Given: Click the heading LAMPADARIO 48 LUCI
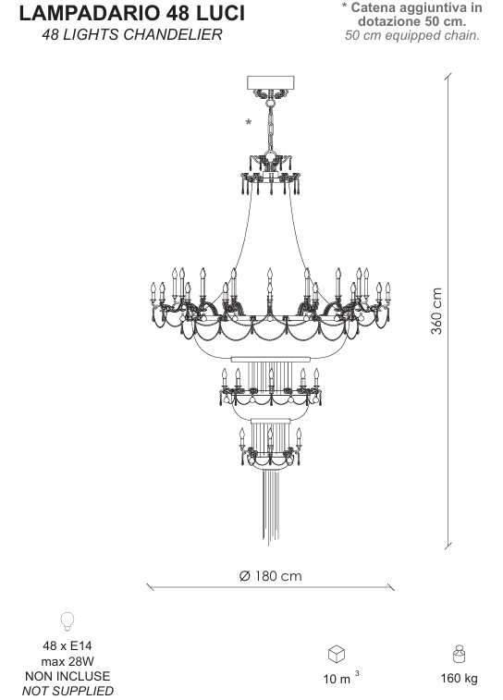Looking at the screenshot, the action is pyautogui.click(x=131, y=13).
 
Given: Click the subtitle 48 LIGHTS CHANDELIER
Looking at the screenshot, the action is pyautogui.click(x=132, y=35).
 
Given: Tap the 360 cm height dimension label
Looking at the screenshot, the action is pyautogui.click(x=436, y=311).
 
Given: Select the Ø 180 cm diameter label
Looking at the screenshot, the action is pyautogui.click(x=271, y=576).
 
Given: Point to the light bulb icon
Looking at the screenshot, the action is pyautogui.click(x=67, y=621).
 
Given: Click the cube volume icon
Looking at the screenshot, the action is pyautogui.click(x=337, y=654).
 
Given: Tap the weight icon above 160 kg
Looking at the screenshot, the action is pyautogui.click(x=459, y=654).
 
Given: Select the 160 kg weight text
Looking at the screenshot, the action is pyautogui.click(x=459, y=679).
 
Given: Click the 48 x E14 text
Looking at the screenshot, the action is pyautogui.click(x=67, y=645).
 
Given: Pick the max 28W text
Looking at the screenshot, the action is pyautogui.click(x=67, y=661).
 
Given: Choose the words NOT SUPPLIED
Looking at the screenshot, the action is pyautogui.click(x=67, y=691).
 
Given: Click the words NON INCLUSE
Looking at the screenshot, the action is pyautogui.click(x=67, y=676).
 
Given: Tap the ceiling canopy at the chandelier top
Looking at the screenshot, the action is pyautogui.click(x=271, y=82).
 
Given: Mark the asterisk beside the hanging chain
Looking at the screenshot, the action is pyautogui.click(x=249, y=122).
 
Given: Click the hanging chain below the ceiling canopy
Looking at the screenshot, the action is pyautogui.click(x=270, y=129).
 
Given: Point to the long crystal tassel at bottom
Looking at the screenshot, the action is pyautogui.click(x=270, y=507).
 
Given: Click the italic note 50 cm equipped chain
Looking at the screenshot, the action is pyautogui.click(x=412, y=36).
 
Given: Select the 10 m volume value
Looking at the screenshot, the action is pyautogui.click(x=341, y=678).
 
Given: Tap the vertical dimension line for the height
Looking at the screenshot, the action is pyautogui.click(x=448, y=311).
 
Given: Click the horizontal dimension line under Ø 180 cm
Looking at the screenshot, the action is pyautogui.click(x=271, y=587).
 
